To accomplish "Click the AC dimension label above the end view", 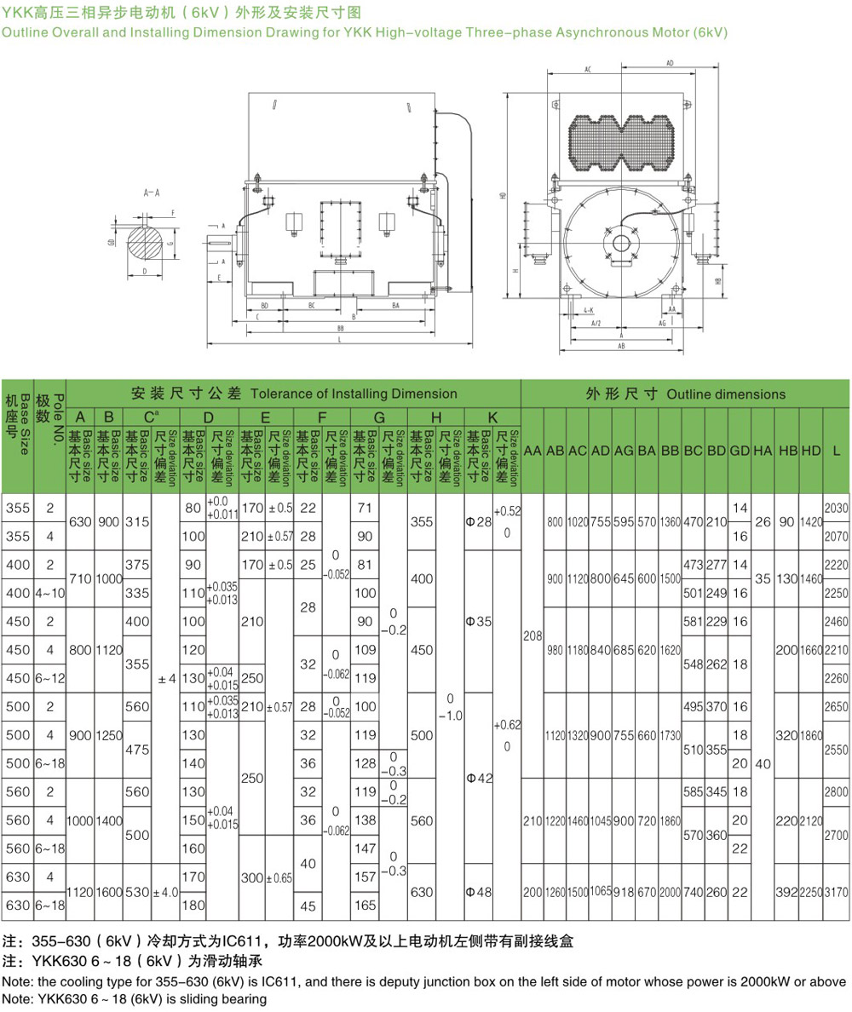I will click(x=588, y=71).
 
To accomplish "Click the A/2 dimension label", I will click(x=596, y=324).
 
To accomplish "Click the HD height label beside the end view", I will click(x=504, y=195).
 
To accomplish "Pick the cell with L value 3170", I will click(x=837, y=890).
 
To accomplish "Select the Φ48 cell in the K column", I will click(x=479, y=890).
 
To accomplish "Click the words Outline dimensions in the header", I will click(x=726, y=394).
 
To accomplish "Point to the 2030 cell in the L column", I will click(x=837, y=508).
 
